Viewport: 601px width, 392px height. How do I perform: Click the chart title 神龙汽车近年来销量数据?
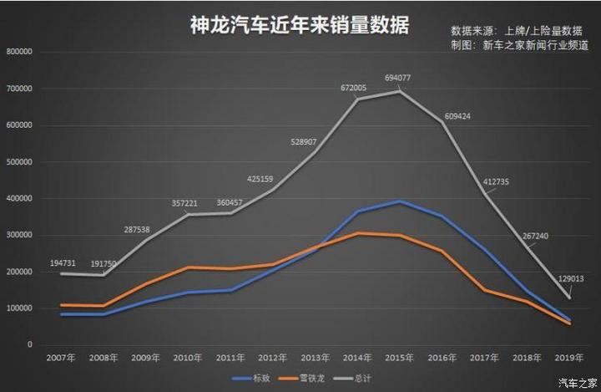coord(300,25)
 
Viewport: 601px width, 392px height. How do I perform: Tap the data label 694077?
coord(398,78)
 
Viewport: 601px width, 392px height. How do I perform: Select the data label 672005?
coord(354,87)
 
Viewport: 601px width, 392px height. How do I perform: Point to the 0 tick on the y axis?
coord(29,345)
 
